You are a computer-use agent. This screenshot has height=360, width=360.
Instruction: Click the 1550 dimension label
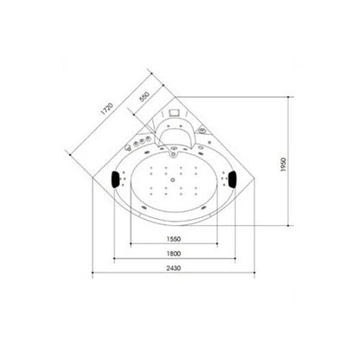click(174, 239)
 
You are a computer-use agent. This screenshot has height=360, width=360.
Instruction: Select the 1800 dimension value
click(174, 254)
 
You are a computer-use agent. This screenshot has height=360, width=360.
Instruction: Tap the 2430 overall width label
click(174, 268)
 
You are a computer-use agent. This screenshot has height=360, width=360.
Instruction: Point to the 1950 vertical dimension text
click(283, 164)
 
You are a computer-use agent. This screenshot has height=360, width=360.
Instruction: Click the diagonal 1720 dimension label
click(106, 109)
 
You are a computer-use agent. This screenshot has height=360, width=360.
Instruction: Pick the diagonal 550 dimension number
click(145, 97)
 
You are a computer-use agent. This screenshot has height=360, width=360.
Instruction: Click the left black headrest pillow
click(116, 179)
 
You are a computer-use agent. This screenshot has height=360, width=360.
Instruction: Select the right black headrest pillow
click(232, 179)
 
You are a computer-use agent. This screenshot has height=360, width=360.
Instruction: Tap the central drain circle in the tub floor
click(173, 180)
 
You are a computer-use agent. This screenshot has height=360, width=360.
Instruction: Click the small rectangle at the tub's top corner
click(175, 112)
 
